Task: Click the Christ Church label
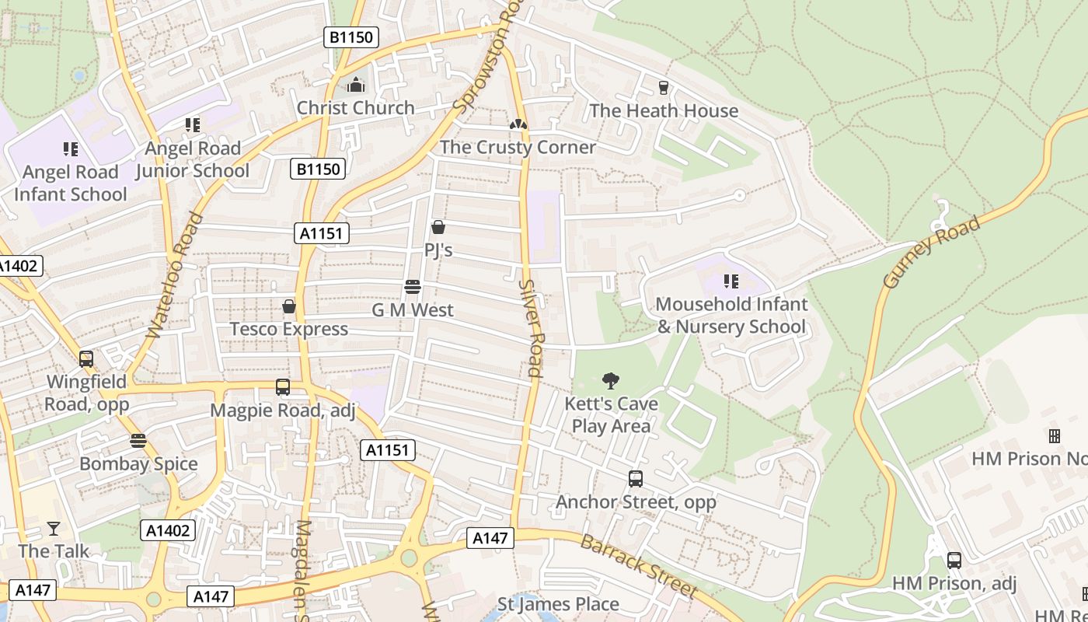click(355, 108)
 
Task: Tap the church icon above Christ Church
click(356, 85)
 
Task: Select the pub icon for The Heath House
click(663, 87)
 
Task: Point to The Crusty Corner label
click(518, 147)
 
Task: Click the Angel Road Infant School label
click(70, 183)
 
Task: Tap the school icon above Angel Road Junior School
click(193, 124)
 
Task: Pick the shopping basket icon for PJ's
click(438, 227)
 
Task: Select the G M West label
click(412, 310)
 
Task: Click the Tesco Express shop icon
click(289, 306)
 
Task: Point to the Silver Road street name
click(530, 328)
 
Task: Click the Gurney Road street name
click(931, 253)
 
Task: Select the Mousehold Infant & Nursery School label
click(731, 315)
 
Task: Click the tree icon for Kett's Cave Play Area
click(611, 381)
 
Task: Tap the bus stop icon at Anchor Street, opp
click(636, 479)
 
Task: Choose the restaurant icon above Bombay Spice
click(138, 441)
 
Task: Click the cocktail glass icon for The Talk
click(53, 529)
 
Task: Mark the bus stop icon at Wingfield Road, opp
click(86, 359)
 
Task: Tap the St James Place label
click(558, 604)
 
